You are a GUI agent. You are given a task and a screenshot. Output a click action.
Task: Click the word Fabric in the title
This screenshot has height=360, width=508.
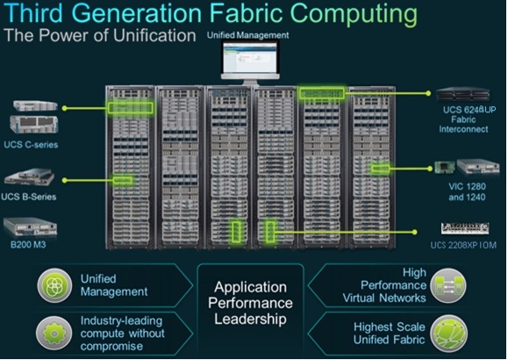click(247, 13)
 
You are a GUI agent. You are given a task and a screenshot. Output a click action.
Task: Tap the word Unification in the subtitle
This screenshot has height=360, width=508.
click(154, 35)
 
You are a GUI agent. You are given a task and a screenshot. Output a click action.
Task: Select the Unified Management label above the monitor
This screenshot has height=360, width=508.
click(247, 35)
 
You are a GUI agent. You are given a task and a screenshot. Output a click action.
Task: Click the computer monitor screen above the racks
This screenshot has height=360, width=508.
click(250, 58)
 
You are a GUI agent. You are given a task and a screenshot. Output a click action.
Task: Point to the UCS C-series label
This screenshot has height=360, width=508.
click(31, 144)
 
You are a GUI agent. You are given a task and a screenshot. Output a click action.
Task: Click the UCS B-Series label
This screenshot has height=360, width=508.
click(28, 197)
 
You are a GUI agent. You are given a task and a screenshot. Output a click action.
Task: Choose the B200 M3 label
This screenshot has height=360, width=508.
click(28, 244)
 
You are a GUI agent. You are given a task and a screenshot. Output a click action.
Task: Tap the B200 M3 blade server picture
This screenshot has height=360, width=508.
click(30, 227)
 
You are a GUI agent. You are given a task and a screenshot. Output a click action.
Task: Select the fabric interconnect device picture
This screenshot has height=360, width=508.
click(463, 94)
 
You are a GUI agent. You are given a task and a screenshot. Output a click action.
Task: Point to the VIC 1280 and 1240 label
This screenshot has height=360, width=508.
click(467, 191)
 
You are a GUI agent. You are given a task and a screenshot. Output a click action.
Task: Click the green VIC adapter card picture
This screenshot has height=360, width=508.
click(444, 168)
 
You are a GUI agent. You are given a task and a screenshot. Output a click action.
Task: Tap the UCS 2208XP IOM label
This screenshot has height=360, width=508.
click(463, 245)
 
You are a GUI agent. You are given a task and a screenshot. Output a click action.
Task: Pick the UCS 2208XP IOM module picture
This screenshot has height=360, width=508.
click(465, 228)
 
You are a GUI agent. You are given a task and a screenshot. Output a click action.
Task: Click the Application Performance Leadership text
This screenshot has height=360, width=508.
click(250, 303)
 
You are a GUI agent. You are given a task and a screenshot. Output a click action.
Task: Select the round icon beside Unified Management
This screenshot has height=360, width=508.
click(54, 285)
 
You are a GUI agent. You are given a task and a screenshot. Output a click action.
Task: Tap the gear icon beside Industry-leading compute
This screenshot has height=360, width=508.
click(54, 333)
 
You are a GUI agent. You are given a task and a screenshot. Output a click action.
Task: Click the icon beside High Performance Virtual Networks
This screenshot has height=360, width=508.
click(448, 285)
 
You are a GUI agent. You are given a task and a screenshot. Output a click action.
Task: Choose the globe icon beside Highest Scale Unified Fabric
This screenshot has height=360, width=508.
click(448, 334)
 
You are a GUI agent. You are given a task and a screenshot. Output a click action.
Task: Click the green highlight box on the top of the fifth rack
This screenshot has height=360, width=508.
click(322, 93)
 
